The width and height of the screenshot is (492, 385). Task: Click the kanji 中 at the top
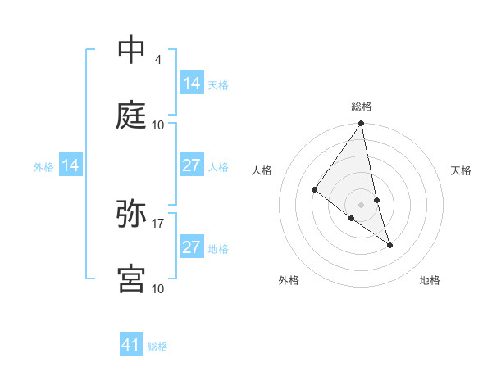131,50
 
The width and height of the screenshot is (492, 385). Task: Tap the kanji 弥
131,213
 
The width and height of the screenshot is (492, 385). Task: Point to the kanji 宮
131,279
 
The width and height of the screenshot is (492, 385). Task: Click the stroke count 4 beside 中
157,60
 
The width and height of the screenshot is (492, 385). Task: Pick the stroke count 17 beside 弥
158,223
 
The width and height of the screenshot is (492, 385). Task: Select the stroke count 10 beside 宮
158,288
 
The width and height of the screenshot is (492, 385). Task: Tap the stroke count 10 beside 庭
158,125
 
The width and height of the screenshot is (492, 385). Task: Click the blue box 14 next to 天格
191,84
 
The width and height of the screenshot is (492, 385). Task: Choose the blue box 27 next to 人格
191,165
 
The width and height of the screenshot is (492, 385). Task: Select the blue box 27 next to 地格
191,247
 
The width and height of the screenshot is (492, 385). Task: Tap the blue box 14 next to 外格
71,165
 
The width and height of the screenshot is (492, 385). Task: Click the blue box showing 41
131,345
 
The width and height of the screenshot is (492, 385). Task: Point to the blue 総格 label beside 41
157,346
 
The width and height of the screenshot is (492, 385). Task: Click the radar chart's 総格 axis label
362,106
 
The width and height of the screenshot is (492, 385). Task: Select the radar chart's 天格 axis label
462,170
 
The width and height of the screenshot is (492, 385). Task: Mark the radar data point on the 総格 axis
362,124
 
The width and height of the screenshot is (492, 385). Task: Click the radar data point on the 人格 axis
314,189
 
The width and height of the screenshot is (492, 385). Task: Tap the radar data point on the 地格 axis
390,245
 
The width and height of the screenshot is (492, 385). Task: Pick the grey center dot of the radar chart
362,205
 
